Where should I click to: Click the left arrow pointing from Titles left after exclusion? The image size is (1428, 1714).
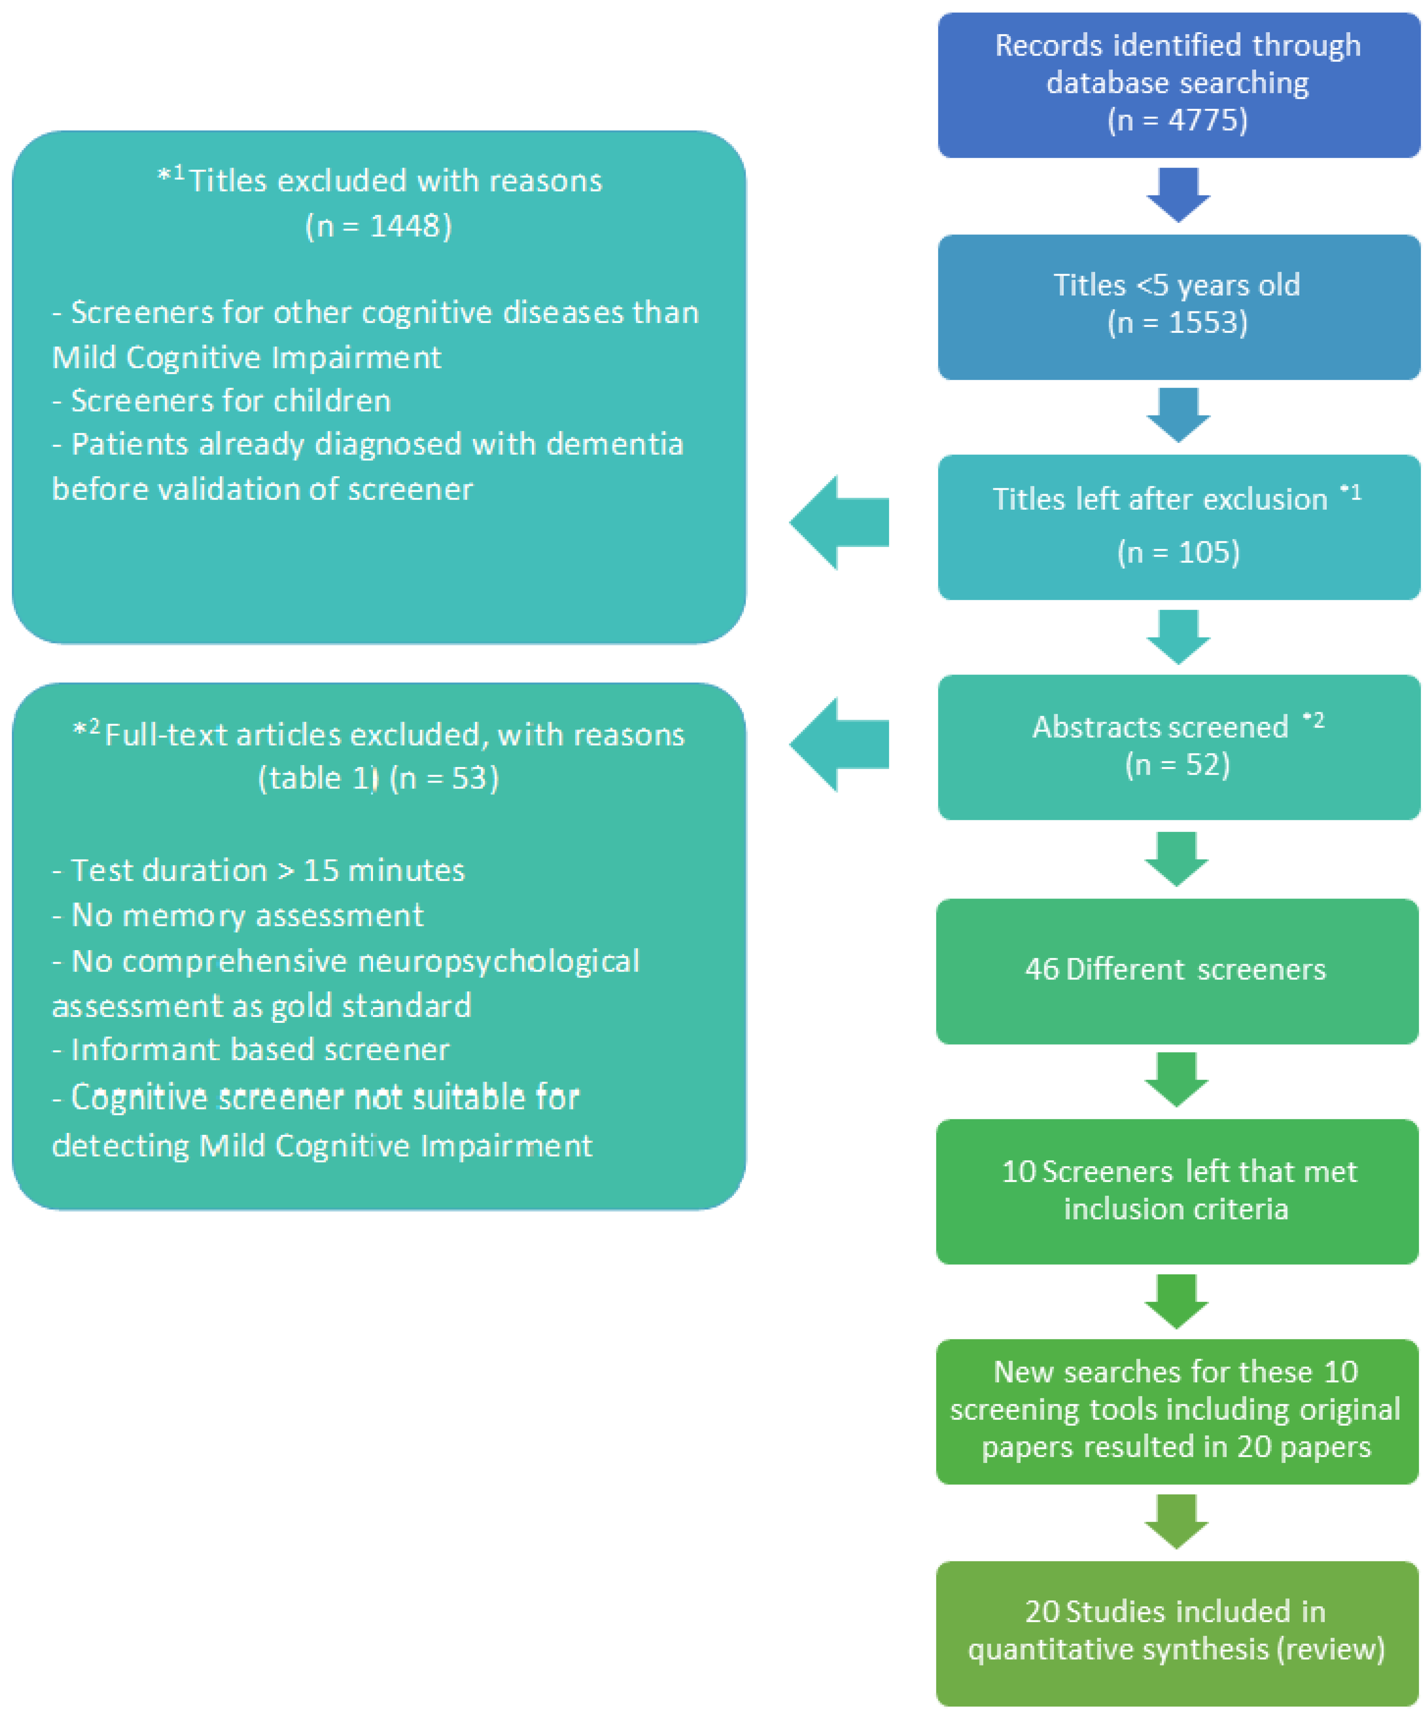(x=839, y=522)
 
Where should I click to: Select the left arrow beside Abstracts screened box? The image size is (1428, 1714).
(x=839, y=744)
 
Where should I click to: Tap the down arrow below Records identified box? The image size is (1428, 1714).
(x=1177, y=194)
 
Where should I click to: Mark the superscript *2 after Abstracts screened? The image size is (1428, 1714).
(x=1313, y=720)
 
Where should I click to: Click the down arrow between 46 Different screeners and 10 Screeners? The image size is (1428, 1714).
(x=1176, y=1079)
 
